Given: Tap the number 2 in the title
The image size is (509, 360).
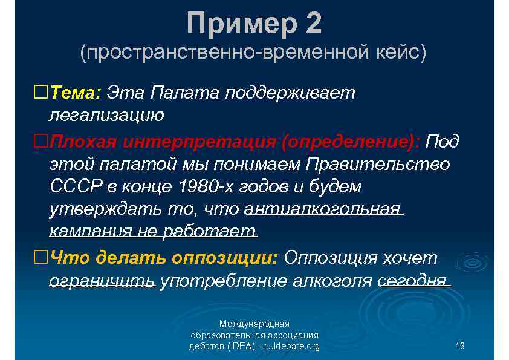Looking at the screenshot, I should pos(313,24).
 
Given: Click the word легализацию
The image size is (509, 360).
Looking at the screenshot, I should pos(106,114).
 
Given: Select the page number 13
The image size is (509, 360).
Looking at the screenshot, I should pos(460,346).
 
